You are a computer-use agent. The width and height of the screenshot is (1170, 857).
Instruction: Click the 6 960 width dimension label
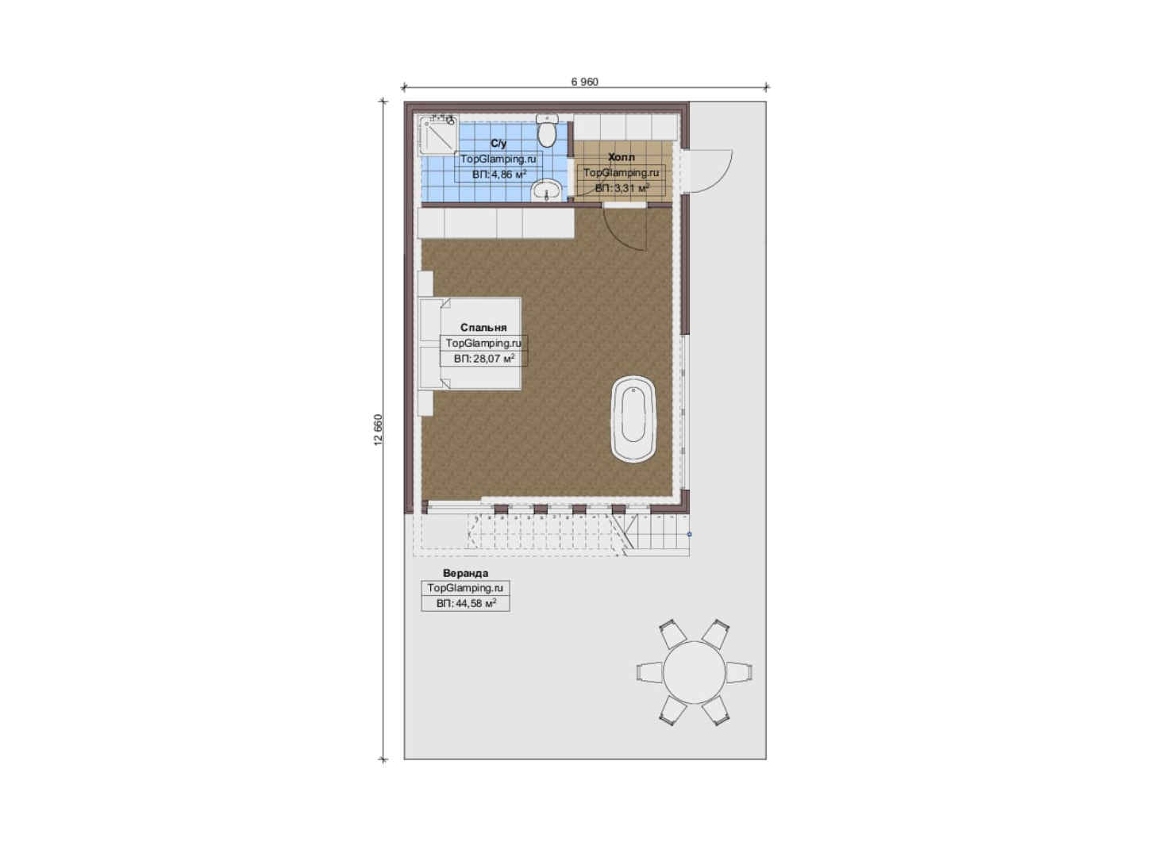584,82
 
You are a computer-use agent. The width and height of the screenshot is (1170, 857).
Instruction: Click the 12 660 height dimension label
379,430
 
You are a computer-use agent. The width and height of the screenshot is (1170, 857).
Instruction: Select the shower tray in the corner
439,135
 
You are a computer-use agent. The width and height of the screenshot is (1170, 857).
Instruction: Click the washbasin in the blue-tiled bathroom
547,190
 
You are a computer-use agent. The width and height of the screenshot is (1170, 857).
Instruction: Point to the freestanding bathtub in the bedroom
633,419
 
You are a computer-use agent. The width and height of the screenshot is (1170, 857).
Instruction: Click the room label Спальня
483,328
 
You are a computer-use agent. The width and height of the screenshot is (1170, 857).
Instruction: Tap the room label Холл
622,156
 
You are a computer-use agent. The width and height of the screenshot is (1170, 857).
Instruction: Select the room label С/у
498,143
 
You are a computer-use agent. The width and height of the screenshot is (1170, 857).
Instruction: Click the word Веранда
465,573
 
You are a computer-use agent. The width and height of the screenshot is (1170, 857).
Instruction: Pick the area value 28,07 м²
483,359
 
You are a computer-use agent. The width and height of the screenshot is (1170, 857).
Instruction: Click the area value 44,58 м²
466,604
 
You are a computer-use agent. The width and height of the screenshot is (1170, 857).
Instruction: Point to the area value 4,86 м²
498,175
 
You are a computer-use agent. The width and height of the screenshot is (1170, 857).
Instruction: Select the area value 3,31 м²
622,188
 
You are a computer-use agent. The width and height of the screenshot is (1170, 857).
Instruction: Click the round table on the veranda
695,672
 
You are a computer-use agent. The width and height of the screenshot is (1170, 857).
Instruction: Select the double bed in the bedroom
470,344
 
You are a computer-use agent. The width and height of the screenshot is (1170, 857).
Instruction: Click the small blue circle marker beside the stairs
690,534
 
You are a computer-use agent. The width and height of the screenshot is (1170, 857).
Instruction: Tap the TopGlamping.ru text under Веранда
465,588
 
